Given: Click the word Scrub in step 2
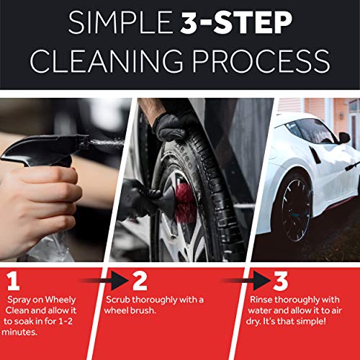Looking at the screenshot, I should [120, 299].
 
